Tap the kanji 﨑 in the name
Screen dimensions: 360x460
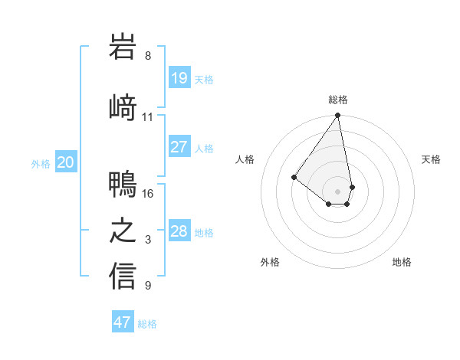(123, 106)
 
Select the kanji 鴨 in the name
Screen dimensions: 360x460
(123, 184)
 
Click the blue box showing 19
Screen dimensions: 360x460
(179, 77)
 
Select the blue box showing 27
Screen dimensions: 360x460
(179, 147)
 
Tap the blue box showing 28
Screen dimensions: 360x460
(179, 231)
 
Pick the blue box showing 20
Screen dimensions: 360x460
(66, 162)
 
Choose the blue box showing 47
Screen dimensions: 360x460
(123, 322)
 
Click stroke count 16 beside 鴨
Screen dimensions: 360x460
(148, 193)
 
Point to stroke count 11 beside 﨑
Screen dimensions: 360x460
(148, 117)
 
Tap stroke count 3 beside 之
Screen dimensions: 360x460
(148, 241)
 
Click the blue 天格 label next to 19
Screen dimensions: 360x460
(204, 79)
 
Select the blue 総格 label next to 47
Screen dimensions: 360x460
(147, 324)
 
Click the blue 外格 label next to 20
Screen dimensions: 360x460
(41, 163)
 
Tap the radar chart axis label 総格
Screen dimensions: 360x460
(338, 100)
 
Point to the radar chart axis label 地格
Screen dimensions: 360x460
(402, 263)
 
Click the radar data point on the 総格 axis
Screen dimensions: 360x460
(337, 116)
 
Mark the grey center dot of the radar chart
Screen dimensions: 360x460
(337, 191)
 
